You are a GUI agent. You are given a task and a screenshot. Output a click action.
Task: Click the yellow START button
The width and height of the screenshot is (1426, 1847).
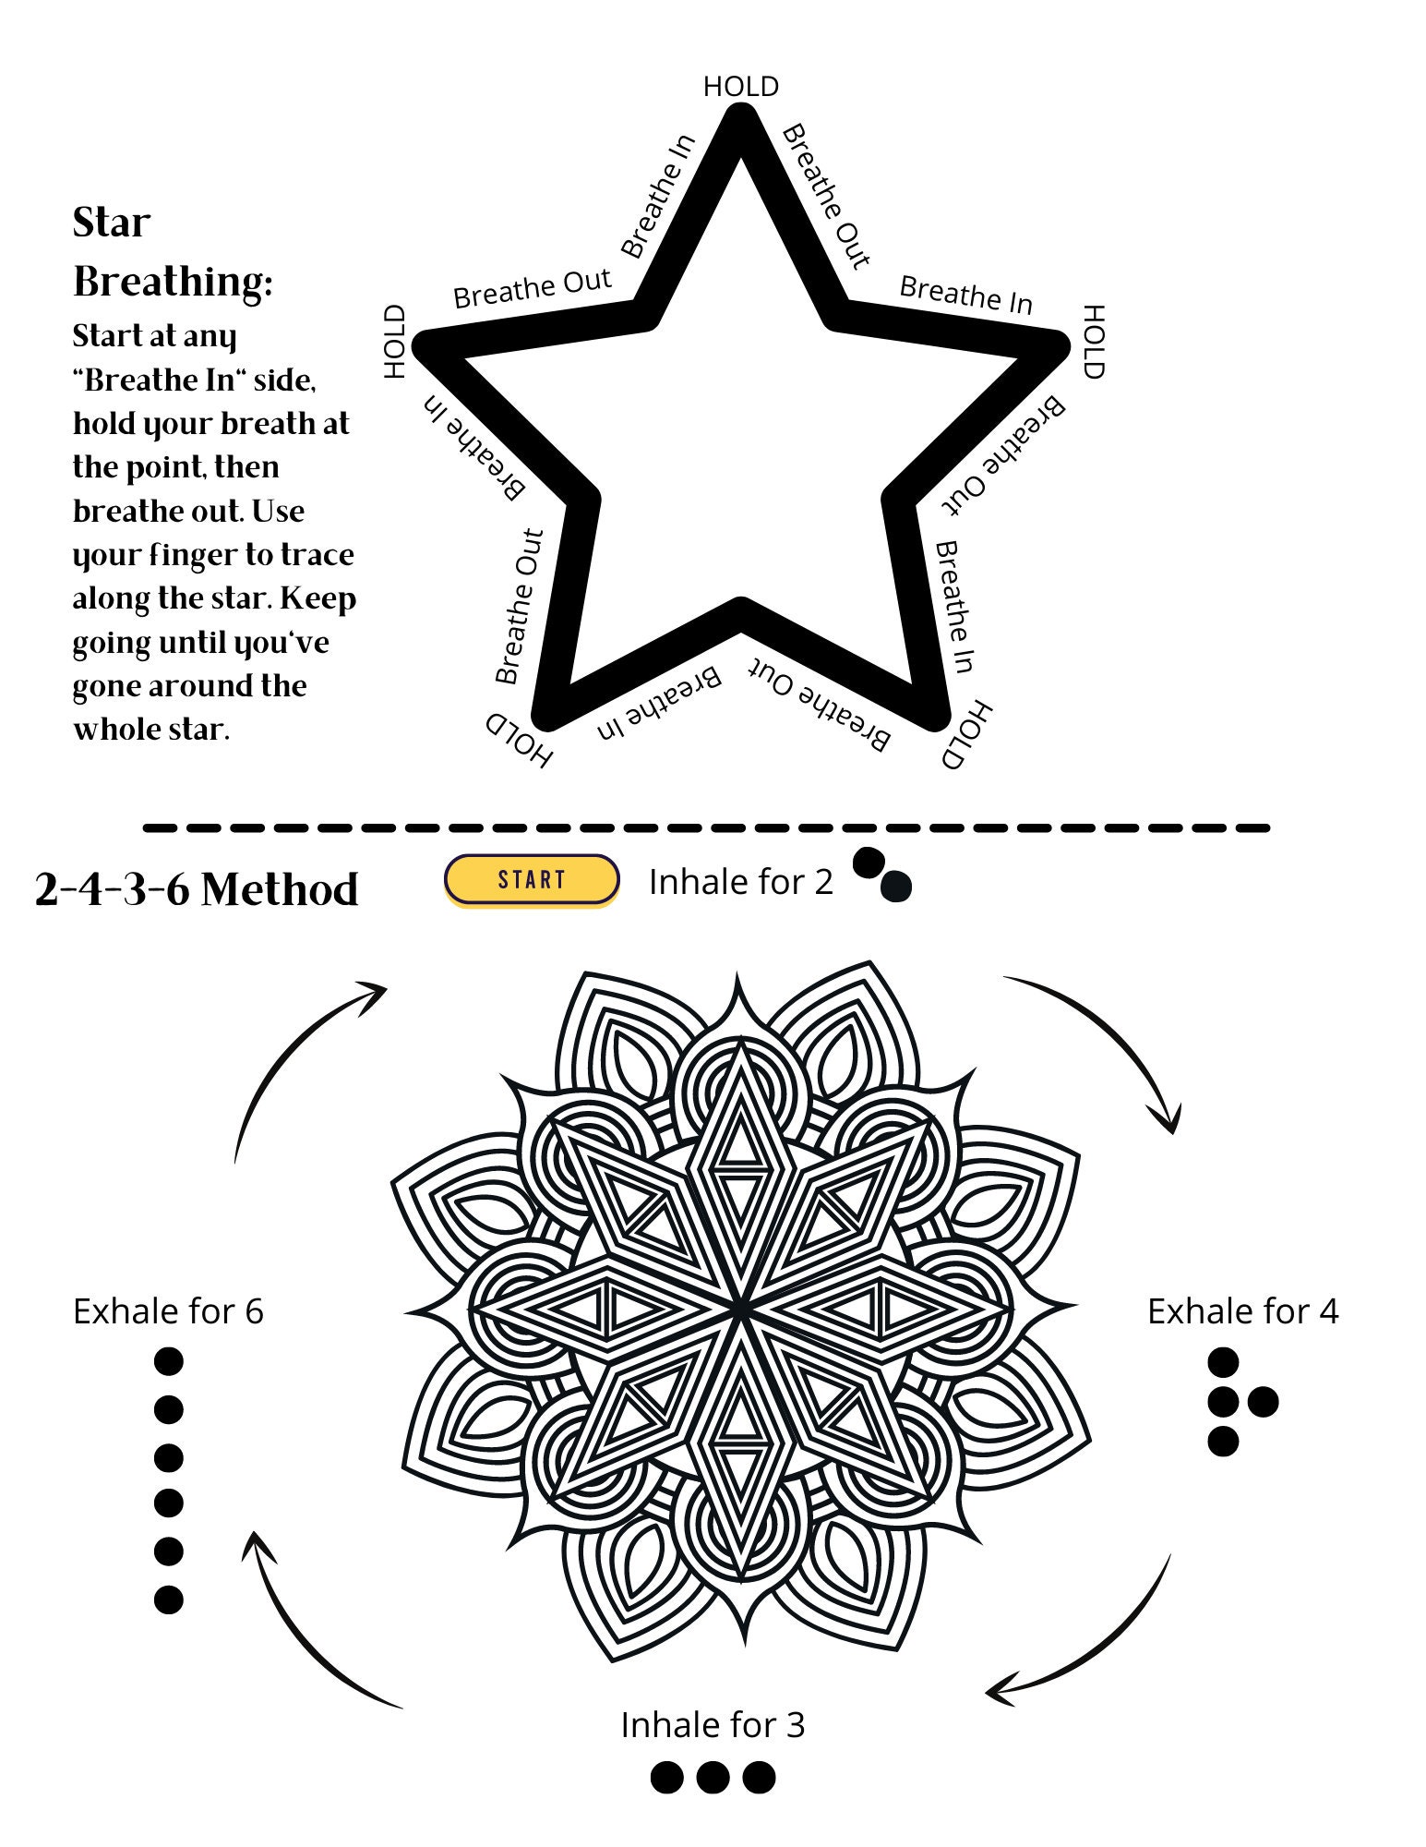coord(531,879)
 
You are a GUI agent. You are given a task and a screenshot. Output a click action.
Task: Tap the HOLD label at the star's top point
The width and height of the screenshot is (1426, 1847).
coord(740,87)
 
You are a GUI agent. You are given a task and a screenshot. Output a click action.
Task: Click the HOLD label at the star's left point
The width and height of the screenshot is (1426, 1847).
coord(395,342)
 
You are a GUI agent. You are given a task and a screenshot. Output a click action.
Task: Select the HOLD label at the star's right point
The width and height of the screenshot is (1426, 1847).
coord(1093,342)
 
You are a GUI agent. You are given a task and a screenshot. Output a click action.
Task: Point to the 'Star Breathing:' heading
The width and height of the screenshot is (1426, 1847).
coord(172,252)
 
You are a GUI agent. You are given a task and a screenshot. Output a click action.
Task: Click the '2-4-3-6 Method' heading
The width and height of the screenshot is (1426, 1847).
coord(197,889)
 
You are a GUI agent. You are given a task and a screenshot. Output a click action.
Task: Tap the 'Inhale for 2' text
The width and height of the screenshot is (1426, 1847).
coord(740,882)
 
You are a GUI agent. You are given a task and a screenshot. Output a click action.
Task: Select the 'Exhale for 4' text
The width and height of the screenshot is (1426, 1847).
coord(1242,1311)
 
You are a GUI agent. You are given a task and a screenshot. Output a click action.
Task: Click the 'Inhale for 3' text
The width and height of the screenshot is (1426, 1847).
coord(713,1725)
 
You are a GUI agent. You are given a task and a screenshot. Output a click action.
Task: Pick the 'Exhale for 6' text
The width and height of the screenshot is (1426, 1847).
coord(168,1311)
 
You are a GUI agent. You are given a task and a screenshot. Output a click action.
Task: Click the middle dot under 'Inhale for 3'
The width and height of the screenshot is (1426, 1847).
coord(713,1777)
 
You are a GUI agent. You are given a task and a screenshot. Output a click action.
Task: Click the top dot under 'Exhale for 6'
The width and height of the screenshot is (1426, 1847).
coord(168,1361)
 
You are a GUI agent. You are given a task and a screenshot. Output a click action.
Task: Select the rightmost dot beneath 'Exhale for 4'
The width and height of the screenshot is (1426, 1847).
coord(1263,1402)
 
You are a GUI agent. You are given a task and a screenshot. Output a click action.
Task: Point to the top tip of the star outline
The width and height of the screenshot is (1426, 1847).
coord(741,115)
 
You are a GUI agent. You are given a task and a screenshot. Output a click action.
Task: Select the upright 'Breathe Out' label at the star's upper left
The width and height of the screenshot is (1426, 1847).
coord(532,289)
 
